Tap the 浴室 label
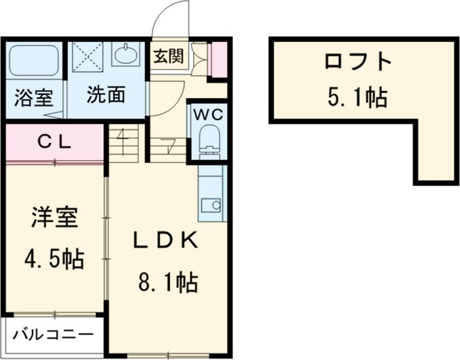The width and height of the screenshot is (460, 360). point(33,97)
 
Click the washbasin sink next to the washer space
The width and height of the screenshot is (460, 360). point(126,55)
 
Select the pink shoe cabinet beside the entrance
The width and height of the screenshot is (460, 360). point(219,59)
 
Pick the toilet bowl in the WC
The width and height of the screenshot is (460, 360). point(208,139)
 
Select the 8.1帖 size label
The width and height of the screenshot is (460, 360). point(168,283)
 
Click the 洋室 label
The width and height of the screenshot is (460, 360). point(54,217)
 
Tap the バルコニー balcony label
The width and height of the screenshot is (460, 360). point(53,335)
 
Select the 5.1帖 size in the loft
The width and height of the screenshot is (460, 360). point(356,97)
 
